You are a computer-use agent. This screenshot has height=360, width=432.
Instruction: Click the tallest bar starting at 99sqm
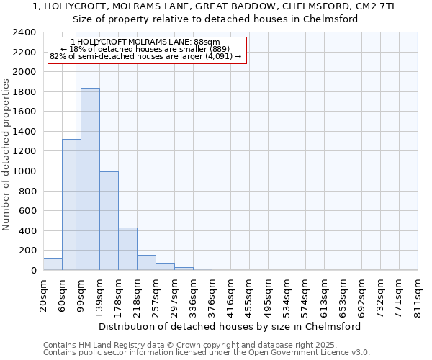[90, 179]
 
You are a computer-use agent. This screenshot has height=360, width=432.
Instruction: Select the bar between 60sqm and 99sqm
[71, 204]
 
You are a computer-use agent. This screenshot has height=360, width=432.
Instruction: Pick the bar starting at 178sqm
[127, 249]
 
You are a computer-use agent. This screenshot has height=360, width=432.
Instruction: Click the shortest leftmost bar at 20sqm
[53, 264]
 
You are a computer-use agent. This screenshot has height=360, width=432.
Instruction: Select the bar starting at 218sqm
[146, 263]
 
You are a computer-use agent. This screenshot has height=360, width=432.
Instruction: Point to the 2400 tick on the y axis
[25, 33]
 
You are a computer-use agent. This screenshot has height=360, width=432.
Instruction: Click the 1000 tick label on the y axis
[25, 171]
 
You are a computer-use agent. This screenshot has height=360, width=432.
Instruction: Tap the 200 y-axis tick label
[28, 251]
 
